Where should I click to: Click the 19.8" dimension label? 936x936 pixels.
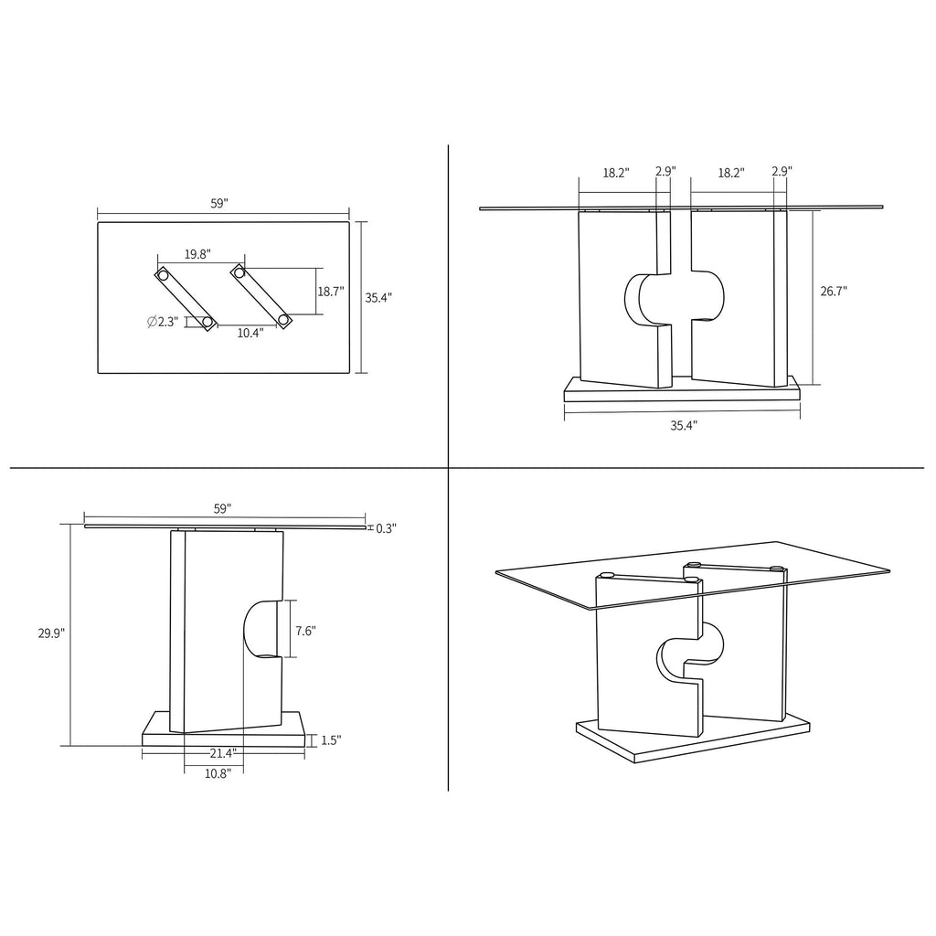pos(198,254)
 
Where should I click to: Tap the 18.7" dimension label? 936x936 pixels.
pos(330,292)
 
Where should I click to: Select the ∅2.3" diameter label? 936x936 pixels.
pos(162,322)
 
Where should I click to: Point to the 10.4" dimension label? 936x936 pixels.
pos(250,334)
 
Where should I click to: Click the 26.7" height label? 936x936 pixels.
pos(833,292)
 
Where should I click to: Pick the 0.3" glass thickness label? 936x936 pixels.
pos(386,528)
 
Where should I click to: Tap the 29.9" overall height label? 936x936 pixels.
pos(51,633)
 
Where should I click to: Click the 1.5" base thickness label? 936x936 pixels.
pos(330,740)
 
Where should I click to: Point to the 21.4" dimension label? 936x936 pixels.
pos(222,754)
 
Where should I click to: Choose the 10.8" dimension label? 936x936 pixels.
pos(218,773)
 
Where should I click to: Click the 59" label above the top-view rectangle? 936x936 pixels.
pos(218,205)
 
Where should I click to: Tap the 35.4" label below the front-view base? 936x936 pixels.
pos(683,425)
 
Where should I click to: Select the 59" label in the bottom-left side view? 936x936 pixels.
pos(222,507)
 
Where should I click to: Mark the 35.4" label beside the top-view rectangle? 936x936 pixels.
pos(378,297)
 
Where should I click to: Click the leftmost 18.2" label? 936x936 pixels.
pos(615,172)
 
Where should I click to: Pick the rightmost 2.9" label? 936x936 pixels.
pos(782,172)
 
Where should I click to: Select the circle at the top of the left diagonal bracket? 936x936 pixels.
pos(163,274)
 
